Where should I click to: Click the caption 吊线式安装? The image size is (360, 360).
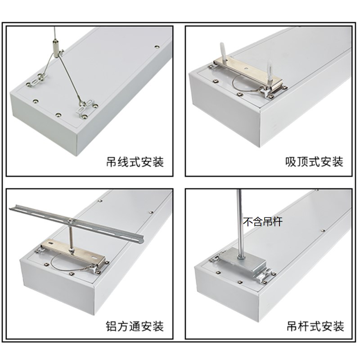pyautogui.click(x=135, y=162)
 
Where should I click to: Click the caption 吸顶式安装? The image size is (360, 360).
pyautogui.click(x=314, y=162)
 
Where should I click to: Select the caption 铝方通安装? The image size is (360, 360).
pyautogui.click(x=135, y=326)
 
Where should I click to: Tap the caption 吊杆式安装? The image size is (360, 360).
pyautogui.click(x=315, y=326)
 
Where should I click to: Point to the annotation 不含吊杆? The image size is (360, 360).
pyautogui.click(x=263, y=222)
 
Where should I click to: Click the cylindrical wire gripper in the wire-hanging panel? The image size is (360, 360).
pyautogui.click(x=55, y=46)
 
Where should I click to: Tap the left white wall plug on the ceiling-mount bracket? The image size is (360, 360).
pyautogui.click(x=223, y=50)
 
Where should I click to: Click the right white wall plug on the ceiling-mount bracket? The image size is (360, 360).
pyautogui.click(x=270, y=71)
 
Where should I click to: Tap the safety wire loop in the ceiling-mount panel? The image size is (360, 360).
pyautogui.click(x=243, y=84)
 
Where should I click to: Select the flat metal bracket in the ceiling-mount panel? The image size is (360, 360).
pyautogui.click(x=248, y=72)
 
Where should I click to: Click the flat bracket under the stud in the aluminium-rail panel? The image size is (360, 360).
pyautogui.click(x=73, y=252)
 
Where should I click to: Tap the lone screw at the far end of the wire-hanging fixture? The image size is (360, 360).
pyautogui.click(x=157, y=47)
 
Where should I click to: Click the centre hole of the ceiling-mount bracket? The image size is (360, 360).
pyautogui.click(x=246, y=68)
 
